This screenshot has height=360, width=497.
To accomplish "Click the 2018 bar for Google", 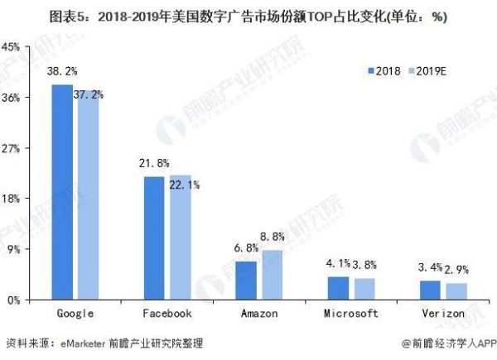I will (62, 192).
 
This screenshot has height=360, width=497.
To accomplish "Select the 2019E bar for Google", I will (88, 195).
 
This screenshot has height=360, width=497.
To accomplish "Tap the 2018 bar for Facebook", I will (154, 238).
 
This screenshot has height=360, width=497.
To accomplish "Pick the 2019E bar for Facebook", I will (180, 238).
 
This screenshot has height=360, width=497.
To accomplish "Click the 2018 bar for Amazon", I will (246, 281).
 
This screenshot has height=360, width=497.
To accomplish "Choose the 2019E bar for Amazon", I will (272, 275).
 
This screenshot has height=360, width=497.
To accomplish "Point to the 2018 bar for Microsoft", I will (338, 288).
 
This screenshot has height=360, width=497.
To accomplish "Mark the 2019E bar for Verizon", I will (456, 291).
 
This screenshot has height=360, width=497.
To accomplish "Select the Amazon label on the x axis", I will (258, 314).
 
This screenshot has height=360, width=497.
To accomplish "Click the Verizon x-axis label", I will (443, 314).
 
